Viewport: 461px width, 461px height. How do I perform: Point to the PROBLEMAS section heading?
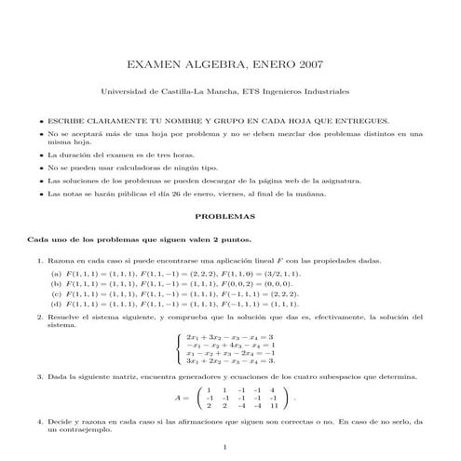tap(230, 215)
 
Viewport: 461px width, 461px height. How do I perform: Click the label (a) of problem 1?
tap(56, 276)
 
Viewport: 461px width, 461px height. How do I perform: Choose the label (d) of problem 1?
tap(56, 304)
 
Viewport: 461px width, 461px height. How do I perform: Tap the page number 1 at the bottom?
tap(230, 450)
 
